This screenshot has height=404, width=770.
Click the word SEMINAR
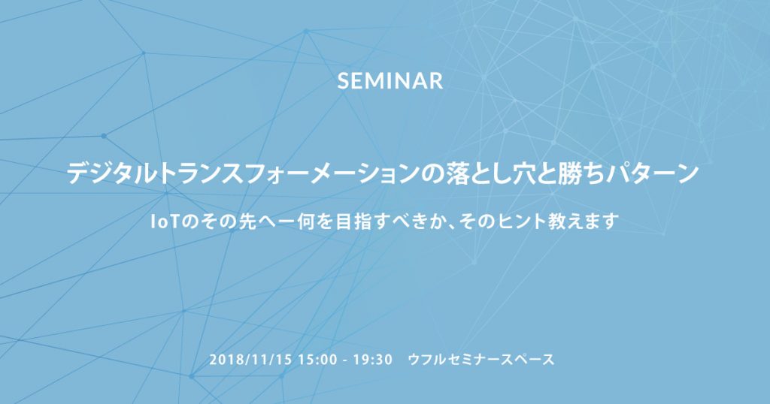(x=390, y=81)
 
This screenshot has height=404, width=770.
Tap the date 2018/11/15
(x=250, y=360)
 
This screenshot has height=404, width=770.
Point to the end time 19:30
(x=373, y=360)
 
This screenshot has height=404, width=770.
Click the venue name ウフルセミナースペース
(x=481, y=360)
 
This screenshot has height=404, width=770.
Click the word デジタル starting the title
(x=112, y=174)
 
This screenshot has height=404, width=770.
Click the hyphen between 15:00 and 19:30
(x=346, y=361)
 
